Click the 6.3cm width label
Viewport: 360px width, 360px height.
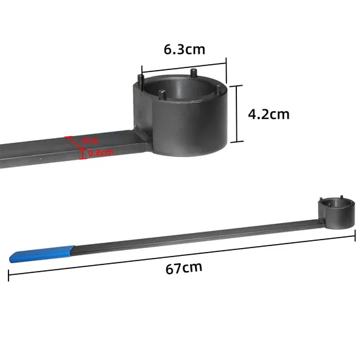tap(183, 49)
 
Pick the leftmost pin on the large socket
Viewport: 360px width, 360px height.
tap(140, 79)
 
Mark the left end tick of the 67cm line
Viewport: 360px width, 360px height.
tap(9, 275)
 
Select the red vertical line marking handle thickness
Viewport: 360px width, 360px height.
tap(82, 153)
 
